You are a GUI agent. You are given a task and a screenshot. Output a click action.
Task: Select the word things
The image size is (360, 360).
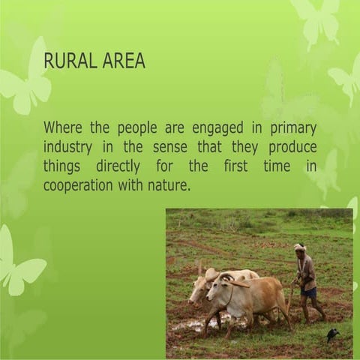click(61, 166)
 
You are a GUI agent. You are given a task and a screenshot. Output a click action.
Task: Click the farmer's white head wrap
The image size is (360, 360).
click(299, 247)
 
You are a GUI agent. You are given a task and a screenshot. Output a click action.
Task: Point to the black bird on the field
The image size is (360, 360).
click(332, 334)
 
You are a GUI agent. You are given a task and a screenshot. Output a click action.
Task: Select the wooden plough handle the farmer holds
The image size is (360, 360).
click(289, 296)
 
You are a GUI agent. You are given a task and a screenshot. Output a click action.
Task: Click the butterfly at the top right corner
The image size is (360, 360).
click(318, 19)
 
